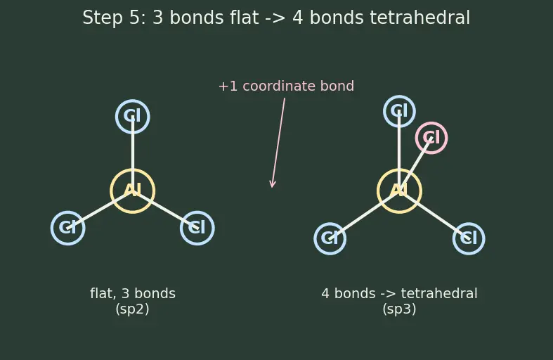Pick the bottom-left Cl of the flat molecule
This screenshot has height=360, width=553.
pos(67,212)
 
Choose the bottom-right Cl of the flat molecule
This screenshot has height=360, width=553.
pos(197,212)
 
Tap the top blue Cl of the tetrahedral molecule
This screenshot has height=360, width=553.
pos(399,96)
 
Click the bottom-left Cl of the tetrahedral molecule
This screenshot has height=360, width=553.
pos(330,224)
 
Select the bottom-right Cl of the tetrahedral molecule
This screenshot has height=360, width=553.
pos(469,224)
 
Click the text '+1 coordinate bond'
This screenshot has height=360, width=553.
pos(286,86)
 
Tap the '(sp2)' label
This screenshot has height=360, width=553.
pos(132,309)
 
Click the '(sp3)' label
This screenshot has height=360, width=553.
pos(399,309)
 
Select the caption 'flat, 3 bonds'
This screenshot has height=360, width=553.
pos(133,294)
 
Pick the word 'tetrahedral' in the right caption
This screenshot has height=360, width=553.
pos(439,294)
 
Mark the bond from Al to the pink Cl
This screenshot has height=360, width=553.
pos(415,165)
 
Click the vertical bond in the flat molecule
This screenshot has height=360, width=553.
pos(133,154)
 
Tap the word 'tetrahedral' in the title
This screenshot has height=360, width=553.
pos(419,18)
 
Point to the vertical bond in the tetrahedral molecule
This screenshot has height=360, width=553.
pos(399,151)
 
